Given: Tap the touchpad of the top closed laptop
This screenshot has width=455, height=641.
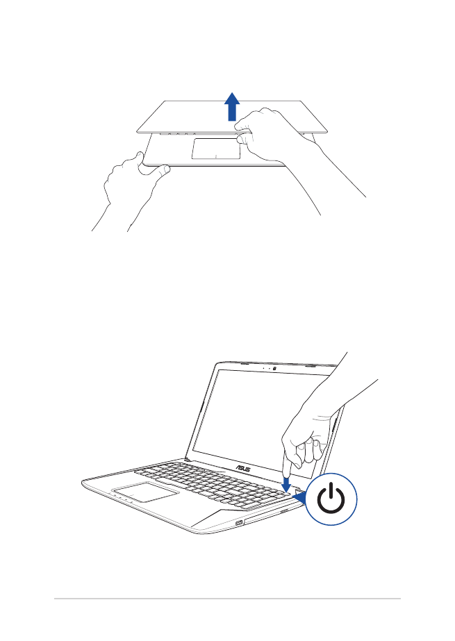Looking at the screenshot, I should pyautogui.click(x=216, y=148).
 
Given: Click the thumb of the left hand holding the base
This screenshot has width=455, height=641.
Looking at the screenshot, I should pyautogui.click(x=156, y=169).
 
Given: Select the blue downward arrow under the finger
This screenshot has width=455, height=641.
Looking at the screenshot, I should pyautogui.click(x=287, y=481).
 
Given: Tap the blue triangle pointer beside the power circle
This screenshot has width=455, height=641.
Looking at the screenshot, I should pyautogui.click(x=299, y=494).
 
